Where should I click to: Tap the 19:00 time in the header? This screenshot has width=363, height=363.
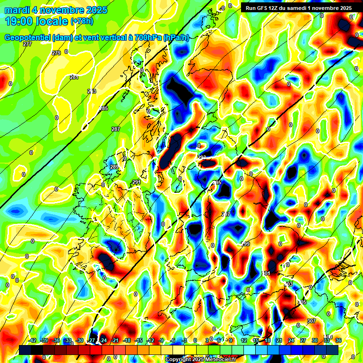coord(20,21)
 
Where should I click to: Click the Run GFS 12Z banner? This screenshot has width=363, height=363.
coord(296,8)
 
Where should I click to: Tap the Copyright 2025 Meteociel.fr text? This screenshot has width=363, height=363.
coord(200,359)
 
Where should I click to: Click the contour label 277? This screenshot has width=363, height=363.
coord(27,44)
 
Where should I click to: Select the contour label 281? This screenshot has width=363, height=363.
coord(74,77)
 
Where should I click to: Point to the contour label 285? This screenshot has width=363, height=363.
coord(104,109)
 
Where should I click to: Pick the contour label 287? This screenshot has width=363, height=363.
coord(116,129)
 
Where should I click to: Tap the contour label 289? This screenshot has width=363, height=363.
coord(114,167)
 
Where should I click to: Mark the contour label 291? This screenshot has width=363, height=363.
coord(137,182)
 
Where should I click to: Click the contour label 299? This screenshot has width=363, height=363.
coord(245,244)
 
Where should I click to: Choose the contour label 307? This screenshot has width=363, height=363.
coord(311,321)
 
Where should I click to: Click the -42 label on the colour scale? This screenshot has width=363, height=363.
coord(32,340)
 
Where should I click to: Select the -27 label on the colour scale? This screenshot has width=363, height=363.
coord(91,340)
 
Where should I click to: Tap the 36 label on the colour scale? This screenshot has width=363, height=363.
coord(338,340)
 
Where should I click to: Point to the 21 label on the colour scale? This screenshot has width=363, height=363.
coord(279,340)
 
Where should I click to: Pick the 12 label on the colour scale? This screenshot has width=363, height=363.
coord(244,340)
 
